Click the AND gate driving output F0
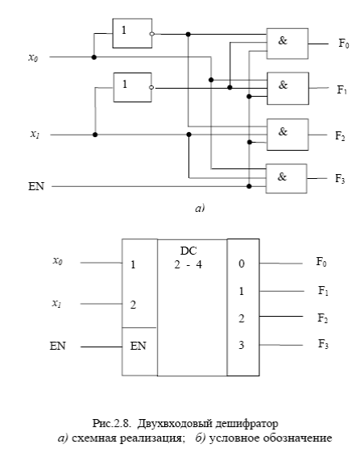[287, 44]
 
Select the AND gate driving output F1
[288, 89]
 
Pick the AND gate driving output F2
[288, 135]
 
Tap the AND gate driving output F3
[286, 179]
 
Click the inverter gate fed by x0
[132, 34]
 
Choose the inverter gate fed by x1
[132, 88]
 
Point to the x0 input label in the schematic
[33, 57]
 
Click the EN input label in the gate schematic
[36, 186]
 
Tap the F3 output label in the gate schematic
[340, 179]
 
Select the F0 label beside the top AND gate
[344, 44]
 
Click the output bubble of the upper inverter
[152, 34]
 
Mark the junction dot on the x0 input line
[94, 57]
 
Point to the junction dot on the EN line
[249, 186]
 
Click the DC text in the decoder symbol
[188, 251]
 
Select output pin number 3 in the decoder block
[242, 345]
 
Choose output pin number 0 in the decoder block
[242, 264]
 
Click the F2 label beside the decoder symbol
[323, 318]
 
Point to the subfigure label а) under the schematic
[200, 209]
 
